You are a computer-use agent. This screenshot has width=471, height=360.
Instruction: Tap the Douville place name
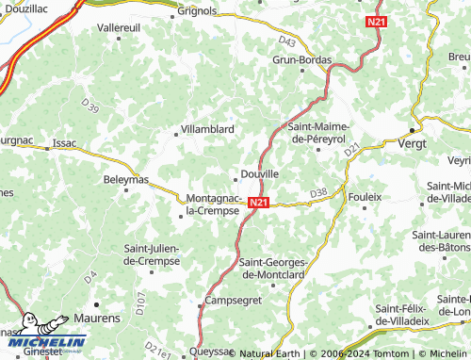point(260,174)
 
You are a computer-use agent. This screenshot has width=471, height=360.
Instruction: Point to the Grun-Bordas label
point(301,59)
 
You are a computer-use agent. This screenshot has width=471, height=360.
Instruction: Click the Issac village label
point(65,143)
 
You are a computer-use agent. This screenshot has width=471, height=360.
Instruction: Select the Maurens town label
point(97,319)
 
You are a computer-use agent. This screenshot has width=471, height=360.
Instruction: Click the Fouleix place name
point(365,197)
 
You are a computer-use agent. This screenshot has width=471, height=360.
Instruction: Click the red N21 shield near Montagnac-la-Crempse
point(260,203)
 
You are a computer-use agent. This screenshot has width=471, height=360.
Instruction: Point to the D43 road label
point(287,41)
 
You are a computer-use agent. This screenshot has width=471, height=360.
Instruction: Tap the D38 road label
point(317,193)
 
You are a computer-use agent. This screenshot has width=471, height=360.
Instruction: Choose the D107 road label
point(140,304)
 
